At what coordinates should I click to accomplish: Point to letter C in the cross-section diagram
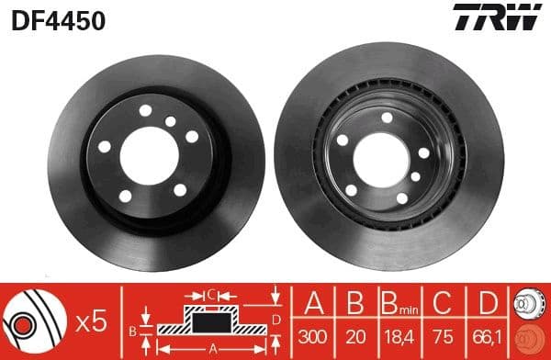(x=210, y=294)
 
